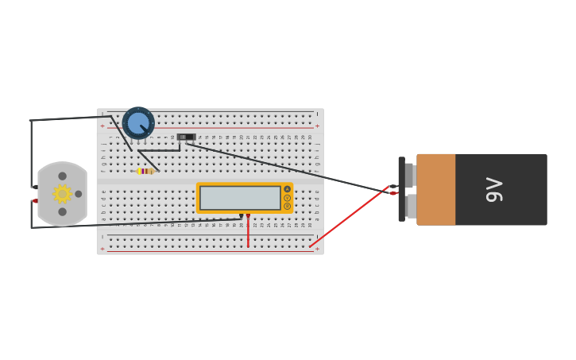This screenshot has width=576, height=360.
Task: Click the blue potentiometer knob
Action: click(x=138, y=123)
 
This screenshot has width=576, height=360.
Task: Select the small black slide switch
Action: click(x=186, y=137)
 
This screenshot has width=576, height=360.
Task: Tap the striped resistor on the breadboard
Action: click(x=145, y=171)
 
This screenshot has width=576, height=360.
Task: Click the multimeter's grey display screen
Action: click(x=240, y=198)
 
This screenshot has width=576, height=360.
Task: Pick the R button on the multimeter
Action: click(x=287, y=207)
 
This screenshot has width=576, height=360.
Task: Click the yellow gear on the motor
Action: click(x=62, y=194)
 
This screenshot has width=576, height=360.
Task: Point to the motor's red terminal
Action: click(x=35, y=201)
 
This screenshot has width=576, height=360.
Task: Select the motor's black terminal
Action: click(x=35, y=187)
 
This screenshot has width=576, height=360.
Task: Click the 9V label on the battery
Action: click(x=494, y=189)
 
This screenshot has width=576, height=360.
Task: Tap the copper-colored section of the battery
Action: click(x=435, y=189)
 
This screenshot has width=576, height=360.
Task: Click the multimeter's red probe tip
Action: click(x=248, y=215)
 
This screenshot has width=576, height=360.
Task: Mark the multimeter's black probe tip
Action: click(x=241, y=215)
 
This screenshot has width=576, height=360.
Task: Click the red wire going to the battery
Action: click(x=350, y=218)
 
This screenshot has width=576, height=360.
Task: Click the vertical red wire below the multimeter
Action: click(x=248, y=232)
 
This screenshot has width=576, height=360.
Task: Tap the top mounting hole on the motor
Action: click(x=62, y=176)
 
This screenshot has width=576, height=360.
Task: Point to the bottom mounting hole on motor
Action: click(x=62, y=211)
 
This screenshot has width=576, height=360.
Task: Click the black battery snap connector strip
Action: click(x=401, y=189)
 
